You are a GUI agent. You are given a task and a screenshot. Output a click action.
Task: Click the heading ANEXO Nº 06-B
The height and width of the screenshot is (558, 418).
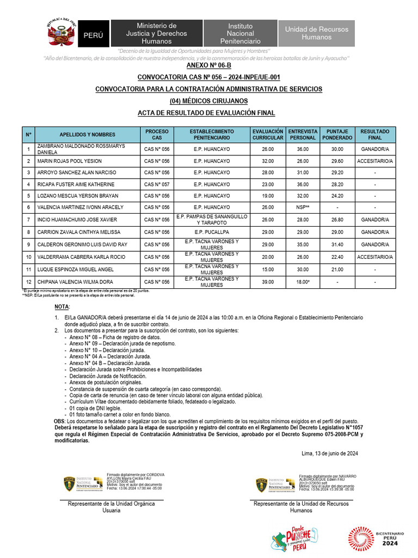pyautogui.click(x=209, y=65)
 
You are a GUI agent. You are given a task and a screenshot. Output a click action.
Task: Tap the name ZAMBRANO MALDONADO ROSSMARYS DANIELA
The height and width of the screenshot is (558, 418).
pyautogui.click(x=81, y=150)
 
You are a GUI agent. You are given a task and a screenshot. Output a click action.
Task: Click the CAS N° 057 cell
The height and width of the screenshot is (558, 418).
pyautogui.click(x=157, y=184)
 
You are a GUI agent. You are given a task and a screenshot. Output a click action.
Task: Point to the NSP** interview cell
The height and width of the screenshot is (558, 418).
pyautogui.click(x=302, y=207)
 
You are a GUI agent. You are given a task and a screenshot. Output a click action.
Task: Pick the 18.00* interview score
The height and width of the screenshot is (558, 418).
pyautogui.click(x=302, y=282)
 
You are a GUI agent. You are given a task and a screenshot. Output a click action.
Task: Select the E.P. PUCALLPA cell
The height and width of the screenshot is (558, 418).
pyautogui.click(x=212, y=232)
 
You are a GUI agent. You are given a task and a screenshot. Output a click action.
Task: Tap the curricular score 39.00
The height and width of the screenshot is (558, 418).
pyautogui.click(x=267, y=282)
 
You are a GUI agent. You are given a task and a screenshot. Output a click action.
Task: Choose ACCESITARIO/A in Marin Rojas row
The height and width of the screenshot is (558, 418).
pyautogui.click(x=375, y=161)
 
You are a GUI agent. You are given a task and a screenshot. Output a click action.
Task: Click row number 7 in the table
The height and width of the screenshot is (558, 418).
pyautogui.click(x=28, y=220)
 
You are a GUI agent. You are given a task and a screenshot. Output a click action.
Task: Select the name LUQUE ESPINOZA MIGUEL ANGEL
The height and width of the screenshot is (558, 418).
pyautogui.click(x=76, y=270)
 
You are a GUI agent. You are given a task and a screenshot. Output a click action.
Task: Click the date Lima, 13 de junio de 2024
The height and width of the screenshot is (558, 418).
pyautogui.click(x=329, y=453)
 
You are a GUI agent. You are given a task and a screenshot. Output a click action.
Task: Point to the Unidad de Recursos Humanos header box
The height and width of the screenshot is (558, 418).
pyautogui.click(x=317, y=33)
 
